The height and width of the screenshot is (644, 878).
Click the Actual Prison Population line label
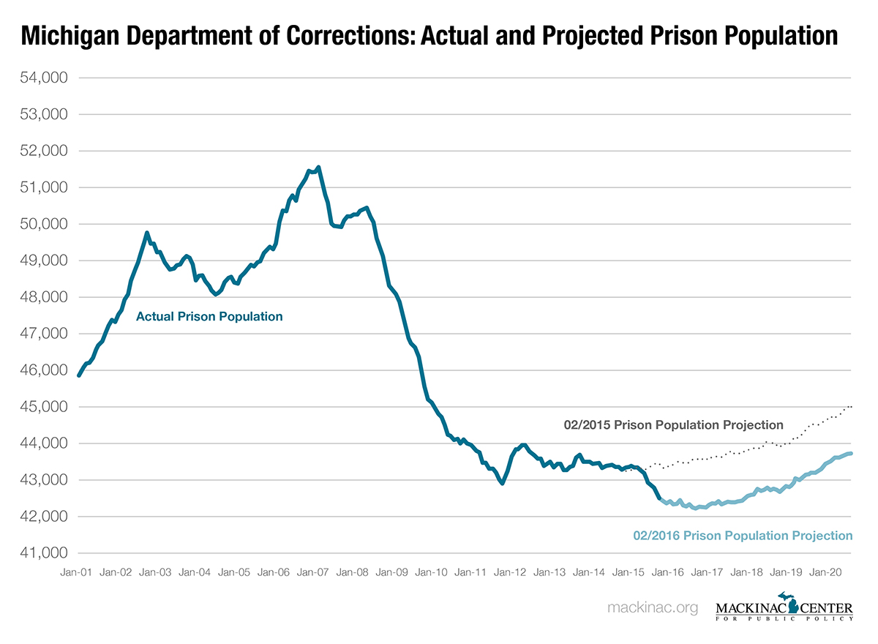209,317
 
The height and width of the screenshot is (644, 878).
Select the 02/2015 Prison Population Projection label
674,424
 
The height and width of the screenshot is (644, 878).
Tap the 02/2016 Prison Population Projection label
743,536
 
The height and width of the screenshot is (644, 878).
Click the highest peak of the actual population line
318,168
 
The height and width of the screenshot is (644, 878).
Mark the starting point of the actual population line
78,375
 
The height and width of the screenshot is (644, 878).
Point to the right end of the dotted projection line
851,406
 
